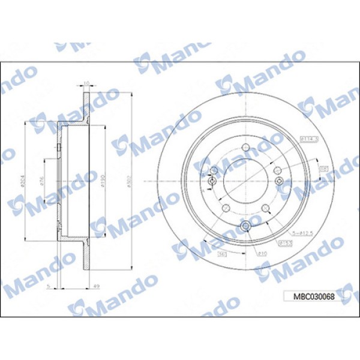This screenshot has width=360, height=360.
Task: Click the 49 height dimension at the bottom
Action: [x=97, y=286]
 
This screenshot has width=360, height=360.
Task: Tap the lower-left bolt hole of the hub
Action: [x=226, y=208]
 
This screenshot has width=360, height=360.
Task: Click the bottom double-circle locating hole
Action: [x=247, y=225]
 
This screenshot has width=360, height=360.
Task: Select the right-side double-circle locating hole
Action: [x=279, y=182]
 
